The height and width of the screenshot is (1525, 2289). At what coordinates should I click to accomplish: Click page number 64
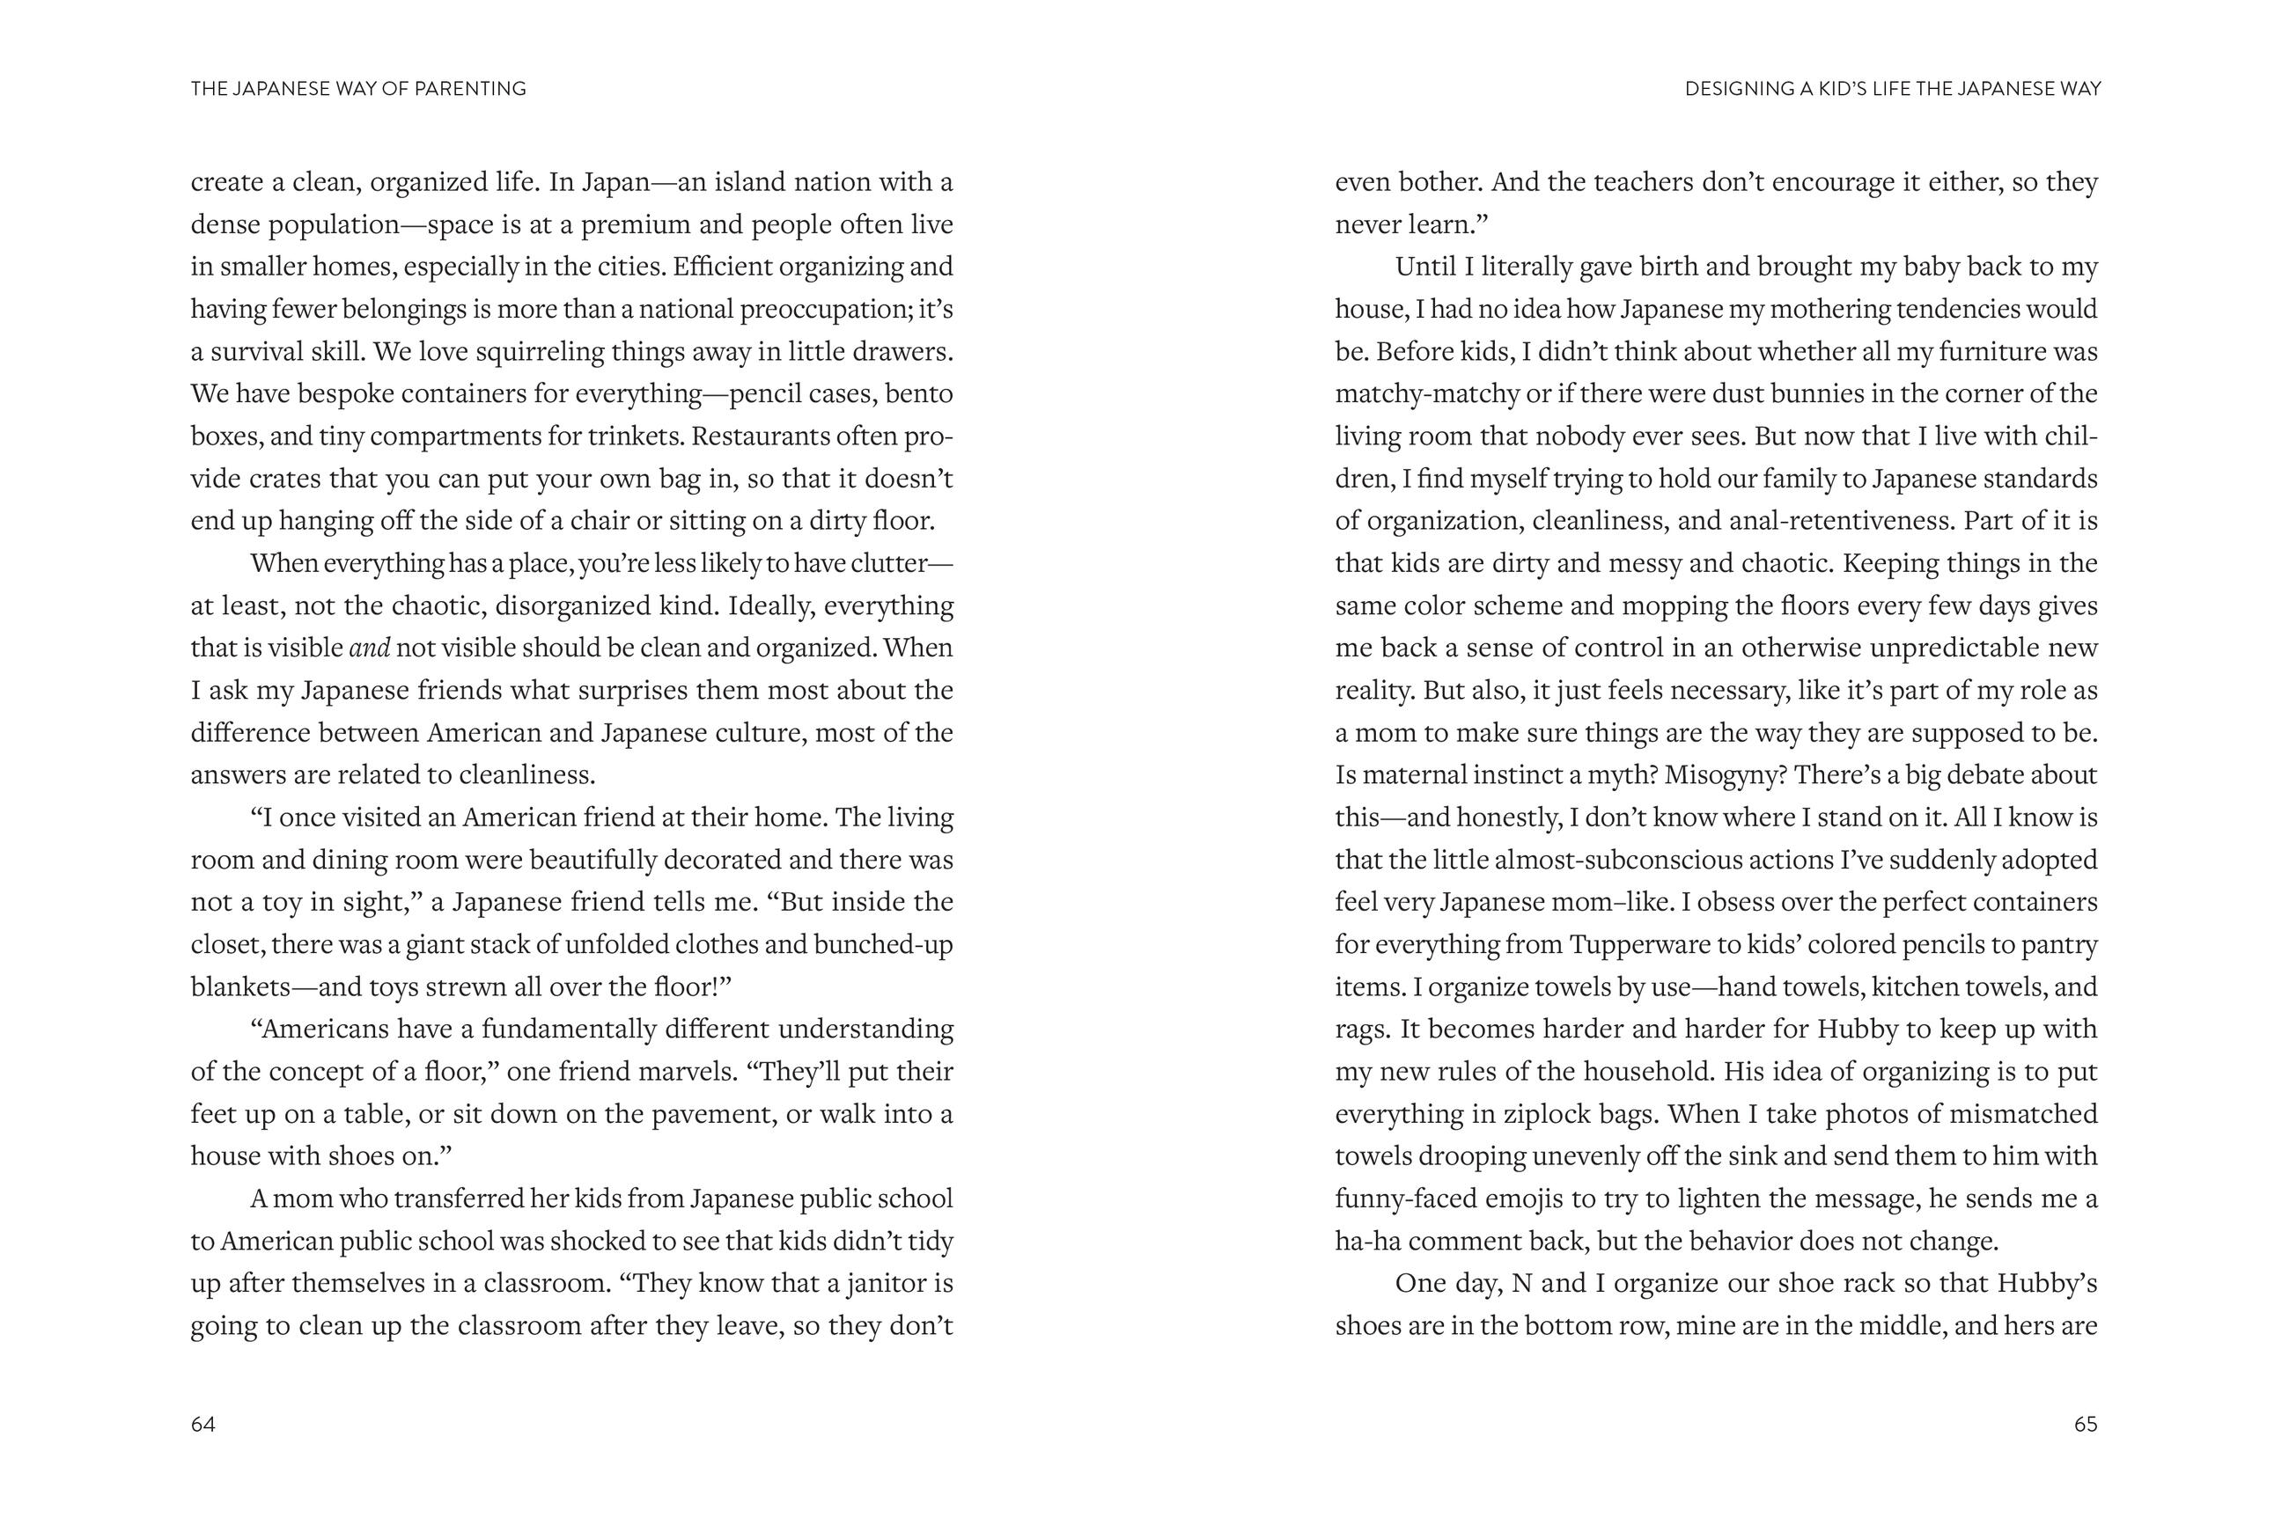coord(202,1424)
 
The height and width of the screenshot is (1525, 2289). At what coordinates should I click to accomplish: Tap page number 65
coord(2086,1424)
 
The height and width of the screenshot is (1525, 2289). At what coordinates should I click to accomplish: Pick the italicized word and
coord(369,648)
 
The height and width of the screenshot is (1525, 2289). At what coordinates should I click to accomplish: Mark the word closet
coord(224,944)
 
